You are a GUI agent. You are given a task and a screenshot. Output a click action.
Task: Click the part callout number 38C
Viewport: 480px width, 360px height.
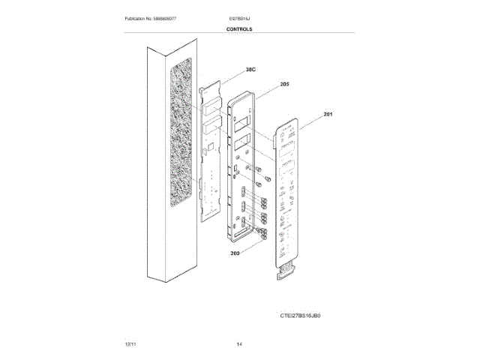(250, 70)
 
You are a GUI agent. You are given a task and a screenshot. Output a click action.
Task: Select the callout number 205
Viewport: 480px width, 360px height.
(284, 85)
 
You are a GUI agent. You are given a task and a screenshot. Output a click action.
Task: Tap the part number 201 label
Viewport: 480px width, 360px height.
(328, 114)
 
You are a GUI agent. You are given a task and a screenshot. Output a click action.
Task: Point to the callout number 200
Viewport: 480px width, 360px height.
(235, 254)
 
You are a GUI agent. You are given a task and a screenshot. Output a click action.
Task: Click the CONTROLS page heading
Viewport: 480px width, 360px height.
(239, 28)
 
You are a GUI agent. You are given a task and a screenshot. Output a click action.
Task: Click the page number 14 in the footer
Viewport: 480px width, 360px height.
(239, 343)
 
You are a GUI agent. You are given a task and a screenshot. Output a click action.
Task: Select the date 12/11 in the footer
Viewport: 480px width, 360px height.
(130, 343)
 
